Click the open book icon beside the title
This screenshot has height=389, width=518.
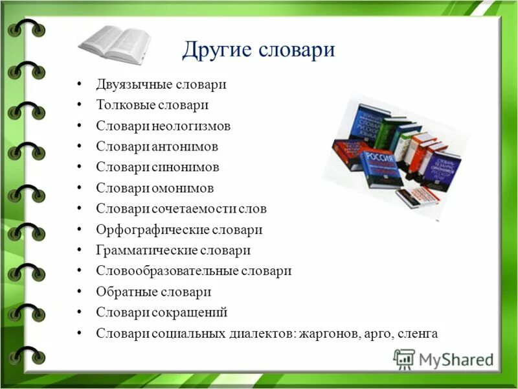coord(115,42)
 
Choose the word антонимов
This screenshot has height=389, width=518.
coord(185,147)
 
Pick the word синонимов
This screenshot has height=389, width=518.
coord(186,167)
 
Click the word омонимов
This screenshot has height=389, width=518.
coord(183,188)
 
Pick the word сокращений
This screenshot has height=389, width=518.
coord(190,312)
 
